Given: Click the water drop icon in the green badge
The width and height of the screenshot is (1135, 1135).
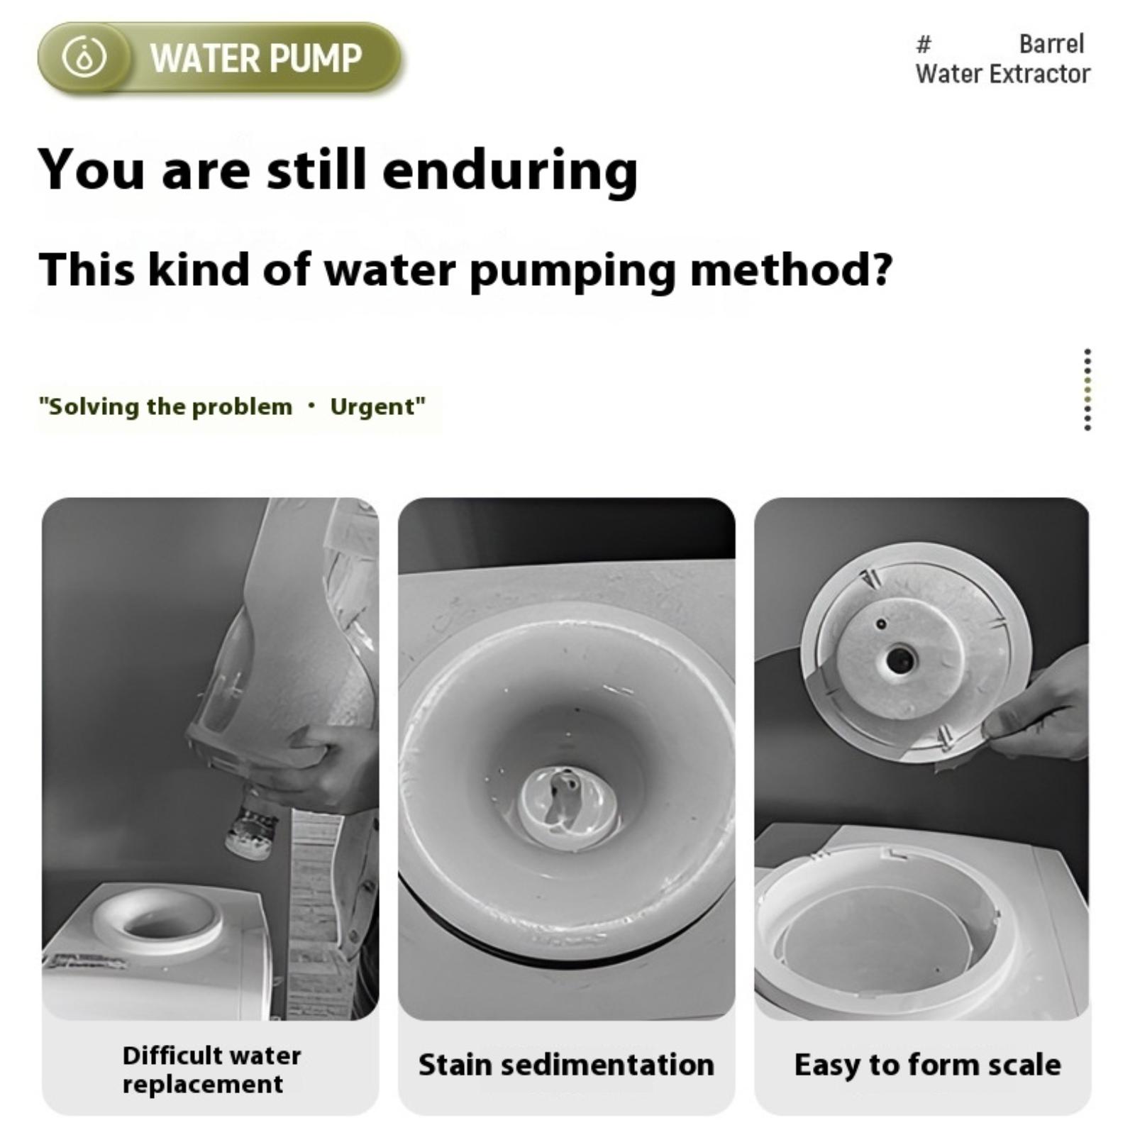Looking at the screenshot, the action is click(x=84, y=57).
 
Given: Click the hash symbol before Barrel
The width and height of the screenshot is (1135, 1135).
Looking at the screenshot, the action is click(x=923, y=45).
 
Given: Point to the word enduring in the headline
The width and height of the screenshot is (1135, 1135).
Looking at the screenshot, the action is click(x=510, y=170).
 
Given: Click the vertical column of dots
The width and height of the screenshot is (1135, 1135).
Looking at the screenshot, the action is click(x=1087, y=389).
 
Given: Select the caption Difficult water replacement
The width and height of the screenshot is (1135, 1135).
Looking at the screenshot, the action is click(x=211, y=1069).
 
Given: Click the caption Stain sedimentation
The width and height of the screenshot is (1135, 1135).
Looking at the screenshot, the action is click(x=566, y=1065).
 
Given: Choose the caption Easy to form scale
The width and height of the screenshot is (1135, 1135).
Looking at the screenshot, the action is click(x=927, y=1065).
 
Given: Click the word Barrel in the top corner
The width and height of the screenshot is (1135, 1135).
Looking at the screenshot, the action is click(x=1051, y=44).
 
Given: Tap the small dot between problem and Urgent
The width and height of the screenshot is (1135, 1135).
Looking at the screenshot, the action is click(x=311, y=406).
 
